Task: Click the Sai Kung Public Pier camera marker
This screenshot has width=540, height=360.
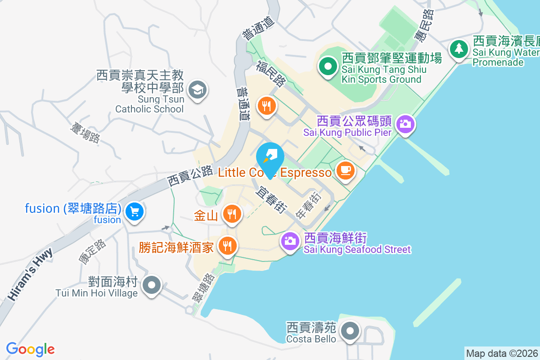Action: coord(405,123)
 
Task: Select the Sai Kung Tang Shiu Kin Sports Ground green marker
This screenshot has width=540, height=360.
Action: coord(328,67)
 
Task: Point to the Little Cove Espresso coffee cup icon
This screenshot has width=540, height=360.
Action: coord(345,170)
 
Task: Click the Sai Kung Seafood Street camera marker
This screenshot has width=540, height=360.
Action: coord(290,241)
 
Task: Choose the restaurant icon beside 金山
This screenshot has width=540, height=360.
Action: coord(232,213)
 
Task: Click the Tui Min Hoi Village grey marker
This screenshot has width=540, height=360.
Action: coord(152,285)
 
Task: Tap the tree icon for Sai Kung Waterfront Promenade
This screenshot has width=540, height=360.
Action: coord(459,48)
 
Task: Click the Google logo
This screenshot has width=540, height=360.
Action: coord(31,349)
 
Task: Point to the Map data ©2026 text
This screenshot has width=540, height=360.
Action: coord(502,353)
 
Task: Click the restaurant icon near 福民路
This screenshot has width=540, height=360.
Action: coord(267,106)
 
